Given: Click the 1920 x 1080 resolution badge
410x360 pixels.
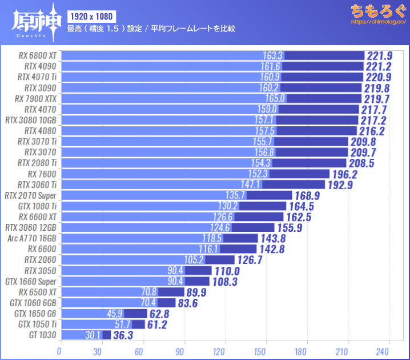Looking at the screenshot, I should pyautogui.click(x=92, y=15).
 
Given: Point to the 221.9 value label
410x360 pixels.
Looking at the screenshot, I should pyautogui.click(x=380, y=55).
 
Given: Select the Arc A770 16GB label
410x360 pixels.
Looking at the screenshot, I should pyautogui.click(x=32, y=238).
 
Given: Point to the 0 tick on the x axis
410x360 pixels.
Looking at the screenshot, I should pyautogui.click(x=59, y=349).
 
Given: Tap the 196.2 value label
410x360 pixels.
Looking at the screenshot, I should pyautogui.click(x=345, y=174).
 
